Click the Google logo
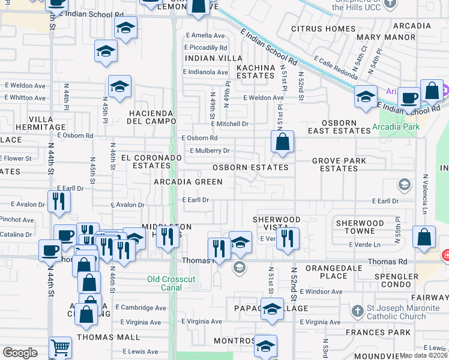tap(20, 353)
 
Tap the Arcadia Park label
tap(396, 127)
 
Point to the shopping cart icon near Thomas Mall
tap(60, 347)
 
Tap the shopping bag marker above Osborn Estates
tap(282, 142)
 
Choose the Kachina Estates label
tap(255, 71)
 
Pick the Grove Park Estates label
tap(339, 164)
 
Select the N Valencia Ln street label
tap(424, 195)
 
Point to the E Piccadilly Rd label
tap(206, 47)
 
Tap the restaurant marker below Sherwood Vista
tap(288, 238)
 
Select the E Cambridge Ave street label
tap(141, 308)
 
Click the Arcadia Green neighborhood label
tap(188, 181)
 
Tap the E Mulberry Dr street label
tap(209, 151)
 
